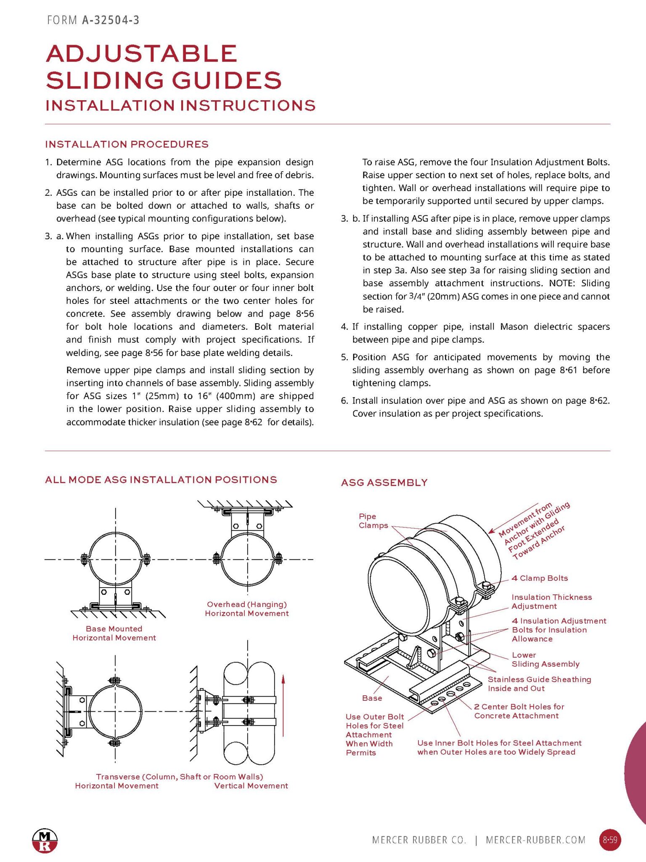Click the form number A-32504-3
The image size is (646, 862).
point(110,20)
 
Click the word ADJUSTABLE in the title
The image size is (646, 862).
point(142,54)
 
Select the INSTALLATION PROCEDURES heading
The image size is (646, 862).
point(127,144)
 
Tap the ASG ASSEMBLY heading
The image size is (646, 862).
point(384,483)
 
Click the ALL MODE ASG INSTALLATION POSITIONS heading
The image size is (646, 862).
point(161,480)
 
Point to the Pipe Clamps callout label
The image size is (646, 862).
point(373,521)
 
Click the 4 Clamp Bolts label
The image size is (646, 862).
point(540,578)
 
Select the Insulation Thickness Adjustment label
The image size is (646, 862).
point(551,602)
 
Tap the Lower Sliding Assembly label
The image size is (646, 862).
point(545,660)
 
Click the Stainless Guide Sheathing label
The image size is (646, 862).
point(539,684)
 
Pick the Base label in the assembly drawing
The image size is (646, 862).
point(372,698)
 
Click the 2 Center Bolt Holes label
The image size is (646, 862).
point(519,711)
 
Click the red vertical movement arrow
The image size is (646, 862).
point(283,707)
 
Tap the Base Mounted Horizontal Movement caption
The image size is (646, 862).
point(114,633)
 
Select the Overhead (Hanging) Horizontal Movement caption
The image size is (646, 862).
point(247,609)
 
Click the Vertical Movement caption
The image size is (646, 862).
point(251,786)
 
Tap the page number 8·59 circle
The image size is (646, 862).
point(610,840)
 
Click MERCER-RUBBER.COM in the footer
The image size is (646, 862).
point(535,840)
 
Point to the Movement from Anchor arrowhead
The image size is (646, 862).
point(491,532)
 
